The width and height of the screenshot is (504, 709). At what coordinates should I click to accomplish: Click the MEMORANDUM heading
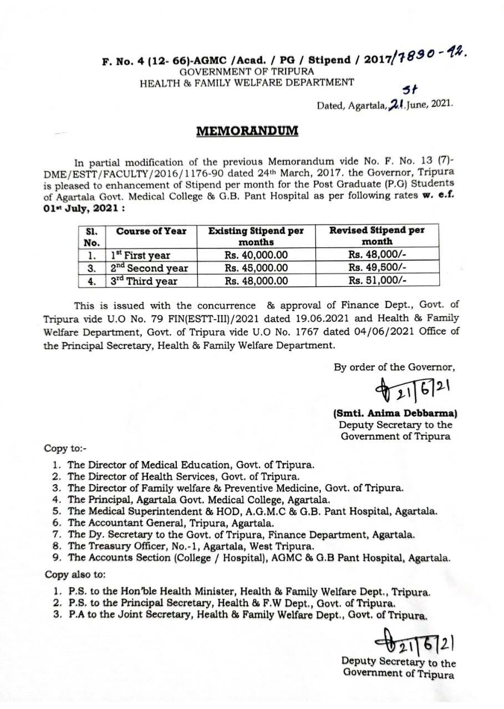247,131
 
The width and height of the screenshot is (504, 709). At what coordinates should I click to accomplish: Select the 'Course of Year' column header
151,231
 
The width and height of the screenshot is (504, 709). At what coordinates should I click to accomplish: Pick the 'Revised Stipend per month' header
376,236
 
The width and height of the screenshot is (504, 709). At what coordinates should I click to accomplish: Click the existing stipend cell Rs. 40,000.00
256,255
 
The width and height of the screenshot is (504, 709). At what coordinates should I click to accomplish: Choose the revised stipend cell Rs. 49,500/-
377,268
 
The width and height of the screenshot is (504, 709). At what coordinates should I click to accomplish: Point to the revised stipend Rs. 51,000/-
377,280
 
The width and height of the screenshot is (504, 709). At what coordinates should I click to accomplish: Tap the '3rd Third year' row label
144,281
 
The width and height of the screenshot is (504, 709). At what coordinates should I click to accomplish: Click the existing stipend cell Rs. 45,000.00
256,268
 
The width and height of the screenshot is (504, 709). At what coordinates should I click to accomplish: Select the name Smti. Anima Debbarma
395,413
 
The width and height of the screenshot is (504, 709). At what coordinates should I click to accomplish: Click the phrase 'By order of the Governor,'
394,366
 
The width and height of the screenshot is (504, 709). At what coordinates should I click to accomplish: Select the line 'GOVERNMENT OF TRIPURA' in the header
247,71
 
